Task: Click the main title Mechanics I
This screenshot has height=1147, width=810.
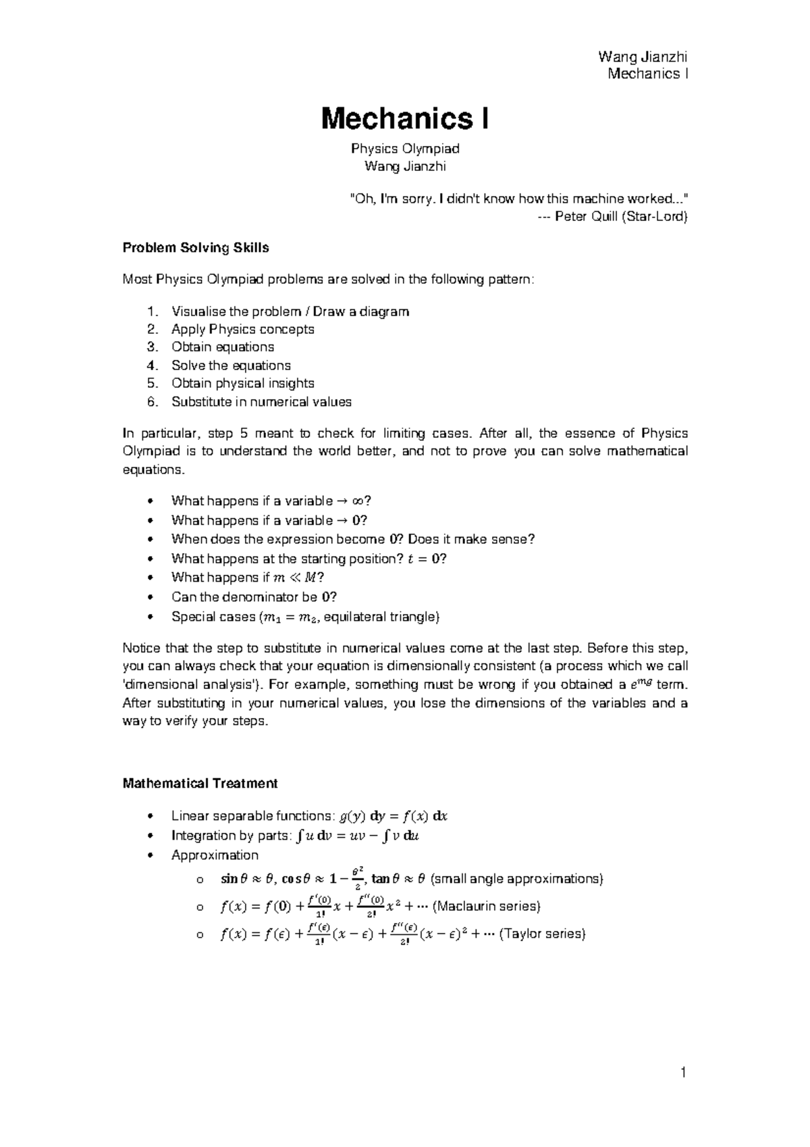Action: tap(405, 120)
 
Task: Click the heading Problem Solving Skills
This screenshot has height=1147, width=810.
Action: tap(196, 248)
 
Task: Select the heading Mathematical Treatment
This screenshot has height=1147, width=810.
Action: tap(200, 784)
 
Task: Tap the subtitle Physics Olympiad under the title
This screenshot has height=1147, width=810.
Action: tap(405, 149)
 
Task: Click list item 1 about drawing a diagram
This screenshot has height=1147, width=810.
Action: tap(290, 311)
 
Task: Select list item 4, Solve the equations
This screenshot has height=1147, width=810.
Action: tap(231, 365)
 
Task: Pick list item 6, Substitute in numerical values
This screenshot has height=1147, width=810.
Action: tap(261, 402)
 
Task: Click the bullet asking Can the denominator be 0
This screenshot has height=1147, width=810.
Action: tap(254, 597)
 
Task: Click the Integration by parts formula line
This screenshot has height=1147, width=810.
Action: tap(297, 836)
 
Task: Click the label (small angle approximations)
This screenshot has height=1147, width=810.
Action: tap(516, 879)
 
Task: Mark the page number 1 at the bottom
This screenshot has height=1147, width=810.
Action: tap(683, 1073)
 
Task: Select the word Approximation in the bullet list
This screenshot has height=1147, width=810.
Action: tap(215, 855)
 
